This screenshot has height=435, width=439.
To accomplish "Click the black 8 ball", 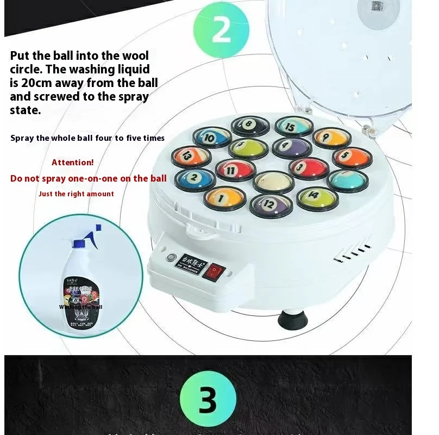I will coord(250,126).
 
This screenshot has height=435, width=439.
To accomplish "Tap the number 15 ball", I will coord(294,126).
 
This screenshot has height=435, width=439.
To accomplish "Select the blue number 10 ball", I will coord(211,138).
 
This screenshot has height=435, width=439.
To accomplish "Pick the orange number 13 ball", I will coord(188,156).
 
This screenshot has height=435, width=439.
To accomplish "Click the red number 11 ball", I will coord(235,169).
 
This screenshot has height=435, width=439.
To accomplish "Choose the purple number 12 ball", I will coord(271,203).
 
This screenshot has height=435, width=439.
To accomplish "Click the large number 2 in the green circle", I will coord(221,31).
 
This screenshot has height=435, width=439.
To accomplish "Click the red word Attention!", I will coord(73,162).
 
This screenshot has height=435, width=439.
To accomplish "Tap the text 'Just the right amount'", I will coord(76,194).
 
